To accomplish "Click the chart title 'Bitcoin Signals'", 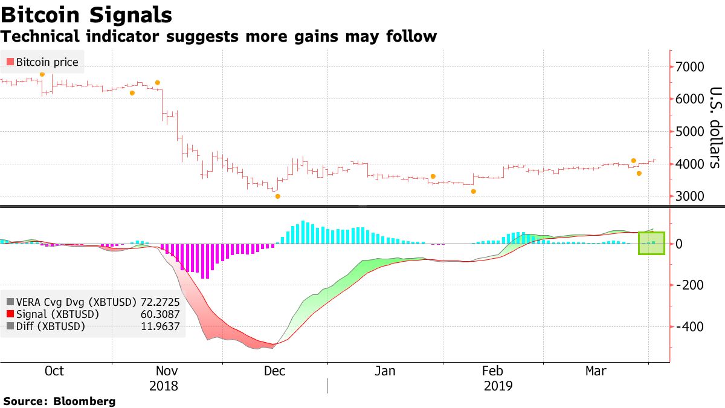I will tap(86, 15).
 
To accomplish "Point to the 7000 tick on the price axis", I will tap(689, 66).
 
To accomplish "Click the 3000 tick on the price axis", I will tap(689, 196).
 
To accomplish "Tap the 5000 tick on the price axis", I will tap(689, 132).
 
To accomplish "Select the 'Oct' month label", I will tap(54, 371).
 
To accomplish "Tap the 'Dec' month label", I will tap(275, 371).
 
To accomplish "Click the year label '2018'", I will tap(163, 386).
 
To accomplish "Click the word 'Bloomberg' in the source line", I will tap(85, 401).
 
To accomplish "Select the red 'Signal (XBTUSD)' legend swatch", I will tap(10, 314).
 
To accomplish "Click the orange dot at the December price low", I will tap(277, 196).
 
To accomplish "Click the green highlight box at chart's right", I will tap(651, 243).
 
